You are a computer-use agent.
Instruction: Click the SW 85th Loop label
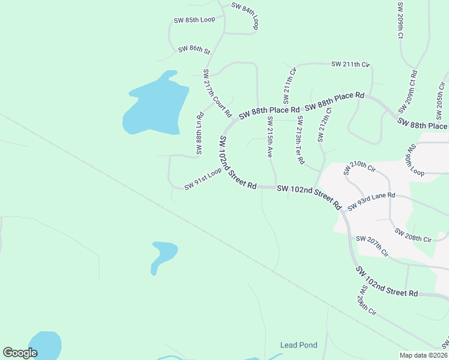pos(194,20)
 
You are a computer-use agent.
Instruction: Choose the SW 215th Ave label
pos(270,137)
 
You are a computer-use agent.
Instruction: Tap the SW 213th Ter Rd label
pos(300,141)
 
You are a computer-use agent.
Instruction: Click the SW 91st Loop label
pos(203,179)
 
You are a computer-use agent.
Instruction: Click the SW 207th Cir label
pos(372,246)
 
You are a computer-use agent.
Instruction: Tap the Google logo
pos(20,353)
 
